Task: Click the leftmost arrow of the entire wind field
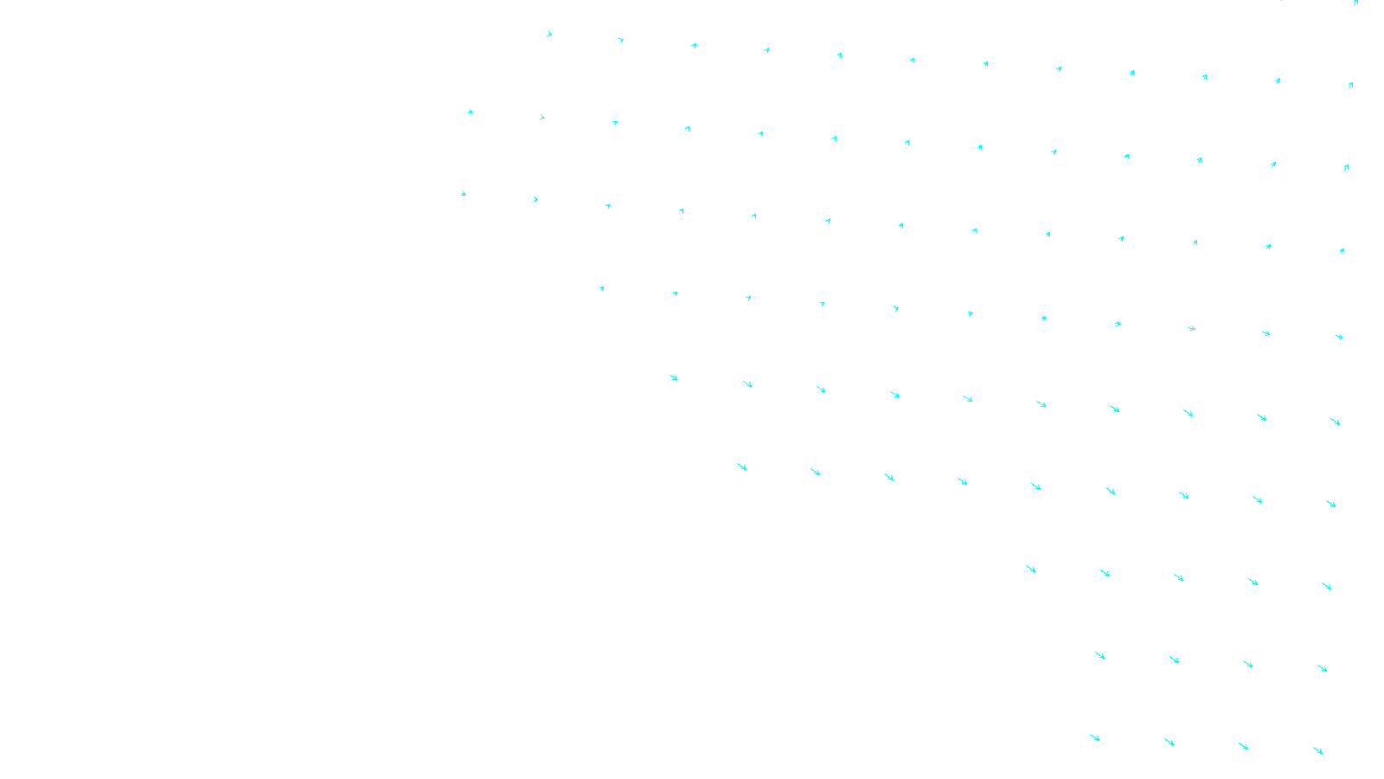pyautogui.click(x=464, y=194)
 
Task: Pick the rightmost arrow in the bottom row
pyautogui.click(x=1318, y=750)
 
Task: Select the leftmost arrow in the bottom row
pyautogui.click(x=1095, y=737)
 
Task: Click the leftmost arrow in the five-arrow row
pyautogui.click(x=1030, y=569)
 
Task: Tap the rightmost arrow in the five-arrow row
pyautogui.click(x=1327, y=586)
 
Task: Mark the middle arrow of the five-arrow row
pyautogui.click(x=1178, y=577)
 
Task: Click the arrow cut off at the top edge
pyautogui.click(x=1355, y=3)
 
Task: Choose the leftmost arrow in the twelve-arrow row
pyautogui.click(x=549, y=35)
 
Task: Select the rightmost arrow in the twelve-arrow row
pyautogui.click(x=1350, y=85)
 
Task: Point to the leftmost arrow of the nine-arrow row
pyautogui.click(x=741, y=467)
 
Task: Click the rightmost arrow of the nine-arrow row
pyautogui.click(x=1331, y=504)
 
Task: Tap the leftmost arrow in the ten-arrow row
pyautogui.click(x=674, y=377)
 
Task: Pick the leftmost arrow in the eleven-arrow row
pyautogui.click(x=601, y=288)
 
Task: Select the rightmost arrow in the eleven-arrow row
pyautogui.click(x=1340, y=337)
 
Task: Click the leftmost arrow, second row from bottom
pyautogui.click(x=1100, y=655)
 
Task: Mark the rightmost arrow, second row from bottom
pyautogui.click(x=1323, y=668)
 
